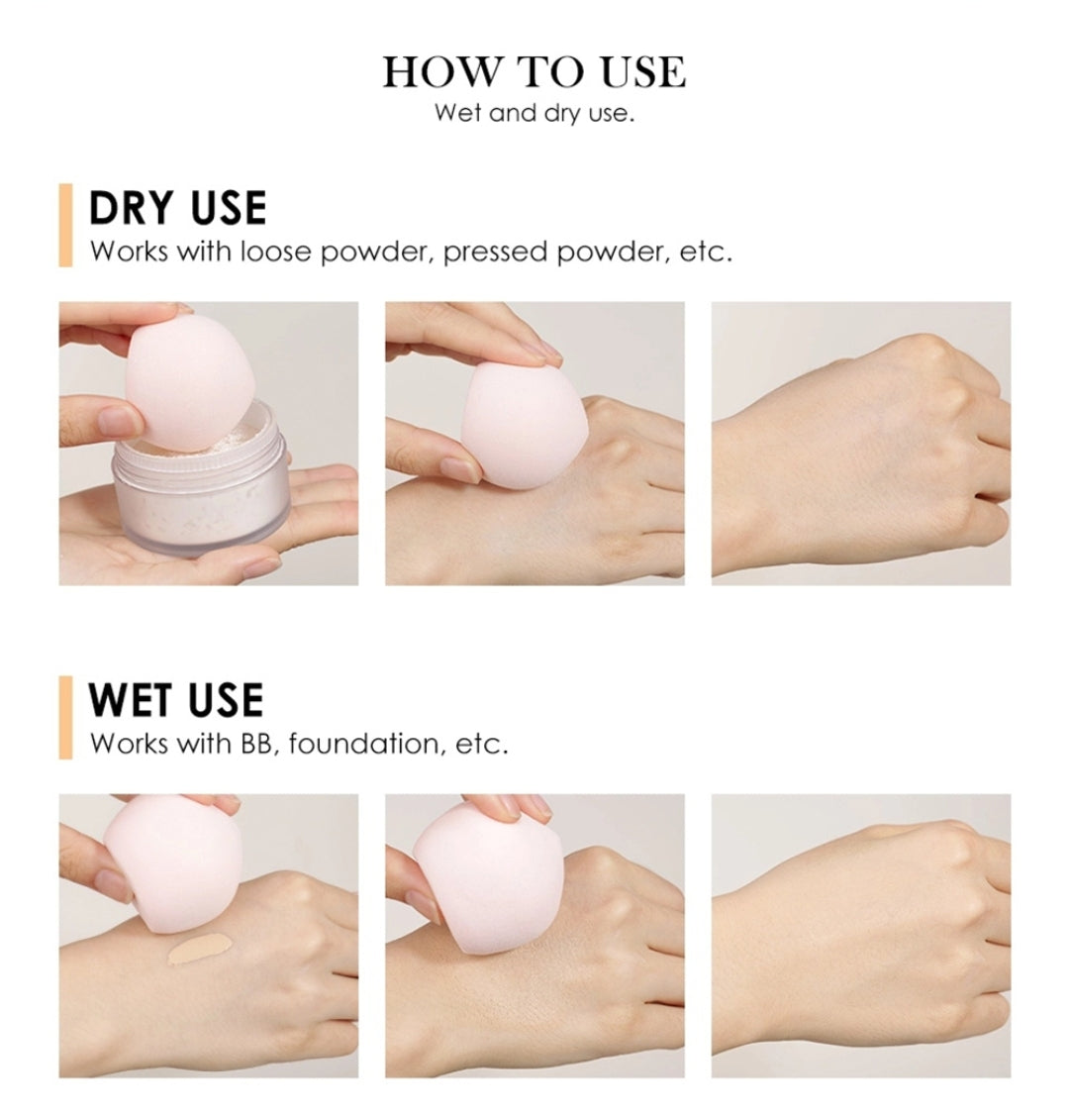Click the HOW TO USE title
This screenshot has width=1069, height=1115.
[534, 72]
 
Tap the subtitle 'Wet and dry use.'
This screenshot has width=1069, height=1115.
[534, 112]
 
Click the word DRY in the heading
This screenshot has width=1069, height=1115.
[131, 208]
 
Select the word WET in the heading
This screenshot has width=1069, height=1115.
[130, 700]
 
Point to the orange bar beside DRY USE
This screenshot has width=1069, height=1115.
[65, 225]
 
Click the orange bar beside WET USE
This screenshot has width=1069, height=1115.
[65, 717]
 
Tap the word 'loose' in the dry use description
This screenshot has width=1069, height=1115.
[275, 252]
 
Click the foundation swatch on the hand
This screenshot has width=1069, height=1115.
[200, 949]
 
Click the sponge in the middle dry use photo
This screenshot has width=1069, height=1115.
[525, 425]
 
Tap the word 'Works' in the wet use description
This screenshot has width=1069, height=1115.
[130, 744]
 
